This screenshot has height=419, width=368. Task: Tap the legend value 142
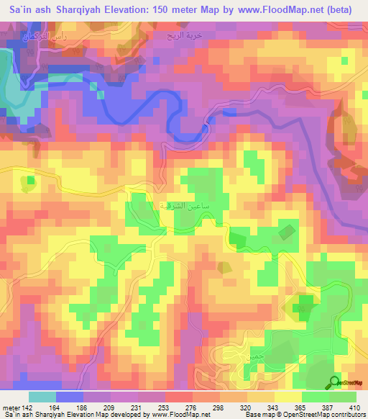(29, 407)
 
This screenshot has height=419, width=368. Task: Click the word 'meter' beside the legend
(11, 407)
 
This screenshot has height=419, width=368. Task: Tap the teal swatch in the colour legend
(42, 397)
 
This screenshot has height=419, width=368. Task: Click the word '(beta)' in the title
(344, 11)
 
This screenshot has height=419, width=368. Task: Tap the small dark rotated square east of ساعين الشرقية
(286, 232)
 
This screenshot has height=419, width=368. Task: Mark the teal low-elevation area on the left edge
(7, 83)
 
